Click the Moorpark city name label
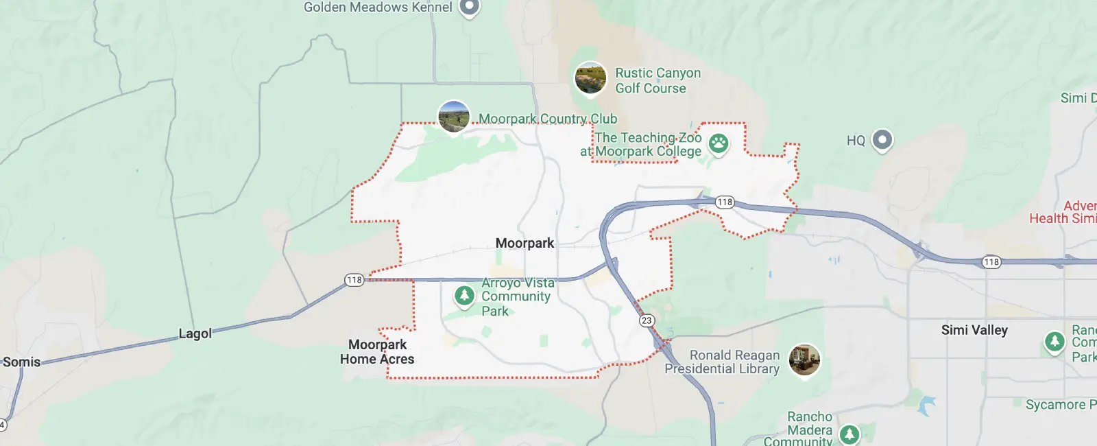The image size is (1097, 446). click(x=525, y=243)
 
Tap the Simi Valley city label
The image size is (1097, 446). click(x=974, y=330)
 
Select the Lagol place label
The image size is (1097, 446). click(x=195, y=333)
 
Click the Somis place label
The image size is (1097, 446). click(x=22, y=362)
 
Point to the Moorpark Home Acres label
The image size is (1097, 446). click(x=377, y=351)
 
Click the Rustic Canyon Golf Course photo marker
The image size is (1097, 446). click(x=590, y=78)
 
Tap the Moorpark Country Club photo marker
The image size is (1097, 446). click(x=453, y=117)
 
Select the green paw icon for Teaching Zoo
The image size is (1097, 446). click(x=719, y=143)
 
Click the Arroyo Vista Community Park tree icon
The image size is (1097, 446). click(x=464, y=296)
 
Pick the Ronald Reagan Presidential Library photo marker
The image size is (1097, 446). click(x=804, y=359)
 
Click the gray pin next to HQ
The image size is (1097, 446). click(x=882, y=140)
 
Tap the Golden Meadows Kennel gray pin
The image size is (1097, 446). click(x=469, y=6)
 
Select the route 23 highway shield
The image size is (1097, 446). click(x=647, y=320)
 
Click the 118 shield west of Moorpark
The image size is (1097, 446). click(x=354, y=280)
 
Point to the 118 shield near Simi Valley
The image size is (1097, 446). click(x=991, y=262)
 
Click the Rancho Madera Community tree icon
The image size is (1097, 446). click(x=849, y=434)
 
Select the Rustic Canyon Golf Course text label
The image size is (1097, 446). click(x=657, y=80)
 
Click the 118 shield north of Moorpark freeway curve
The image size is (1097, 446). click(x=725, y=202)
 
